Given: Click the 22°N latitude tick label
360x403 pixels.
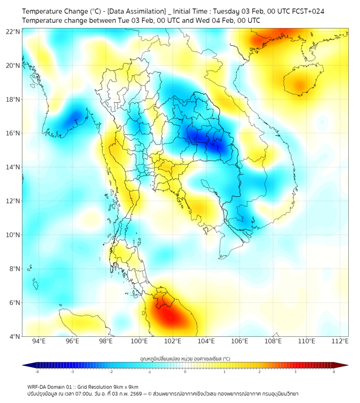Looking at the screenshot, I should [x=13, y=32].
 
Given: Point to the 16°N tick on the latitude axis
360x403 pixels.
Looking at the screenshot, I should [x=13, y=133].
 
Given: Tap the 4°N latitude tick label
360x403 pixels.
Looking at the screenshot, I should [x=14, y=336].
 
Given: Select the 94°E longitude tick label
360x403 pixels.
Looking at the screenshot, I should [x=39, y=341].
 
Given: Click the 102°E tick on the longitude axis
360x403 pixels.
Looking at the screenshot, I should [x=173, y=341].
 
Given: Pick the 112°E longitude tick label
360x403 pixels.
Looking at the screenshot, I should [x=340, y=341].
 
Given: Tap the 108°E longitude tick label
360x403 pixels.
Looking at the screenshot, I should [x=273, y=341].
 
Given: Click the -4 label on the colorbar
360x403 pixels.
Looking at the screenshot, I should [x=37, y=372].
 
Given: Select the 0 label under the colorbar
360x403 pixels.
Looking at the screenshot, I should [x=185, y=372].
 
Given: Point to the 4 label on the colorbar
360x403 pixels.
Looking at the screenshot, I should [x=333, y=372].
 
